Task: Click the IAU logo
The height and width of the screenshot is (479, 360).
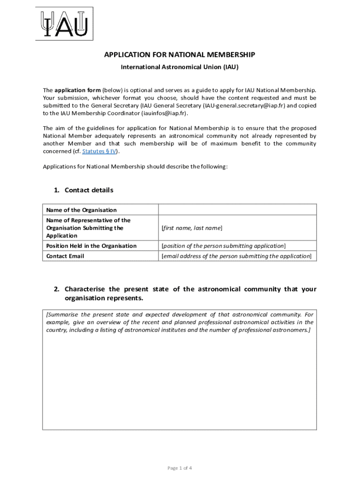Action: [65, 23]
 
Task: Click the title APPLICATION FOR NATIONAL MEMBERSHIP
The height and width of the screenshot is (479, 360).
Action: [180, 55]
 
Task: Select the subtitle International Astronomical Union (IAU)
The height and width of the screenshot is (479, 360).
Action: [180, 67]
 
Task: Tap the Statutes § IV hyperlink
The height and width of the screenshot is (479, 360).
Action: [99, 151]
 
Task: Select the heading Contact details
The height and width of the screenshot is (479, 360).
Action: [89, 190]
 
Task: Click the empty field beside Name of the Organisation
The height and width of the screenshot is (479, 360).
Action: [238, 210]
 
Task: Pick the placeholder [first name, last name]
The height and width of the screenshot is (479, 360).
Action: [192, 228]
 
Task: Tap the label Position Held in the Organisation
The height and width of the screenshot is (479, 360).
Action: [91, 246]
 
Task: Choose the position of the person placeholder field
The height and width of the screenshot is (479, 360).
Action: [223, 246]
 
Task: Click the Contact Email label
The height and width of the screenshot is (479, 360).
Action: [65, 256]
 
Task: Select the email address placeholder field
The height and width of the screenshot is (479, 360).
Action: [236, 256]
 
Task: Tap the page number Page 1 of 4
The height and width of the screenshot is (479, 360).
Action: [180, 468]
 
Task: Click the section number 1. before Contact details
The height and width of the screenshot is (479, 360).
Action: [57, 190]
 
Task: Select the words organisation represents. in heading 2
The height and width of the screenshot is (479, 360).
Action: [104, 298]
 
